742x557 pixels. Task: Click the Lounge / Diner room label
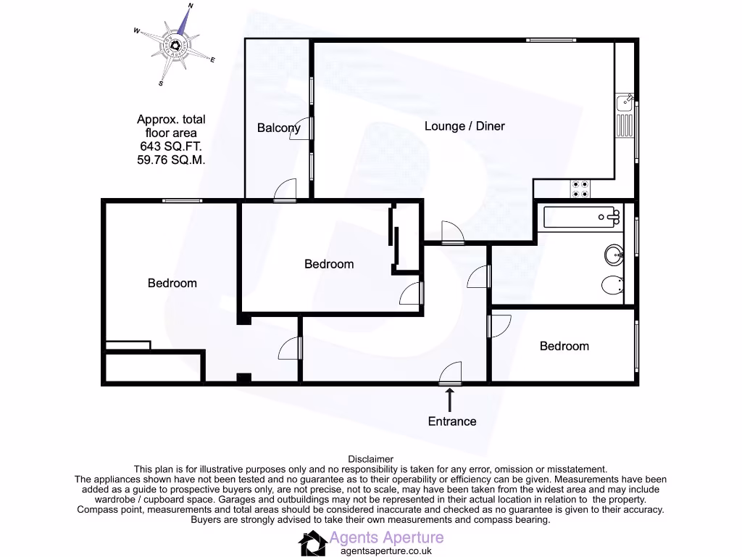[x=464, y=126]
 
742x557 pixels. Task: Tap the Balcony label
[x=278, y=128]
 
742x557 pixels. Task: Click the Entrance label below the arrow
[x=452, y=421]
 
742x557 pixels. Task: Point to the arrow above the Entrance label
[x=451, y=400]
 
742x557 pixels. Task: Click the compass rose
[x=177, y=44]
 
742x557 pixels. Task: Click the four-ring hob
[x=580, y=188]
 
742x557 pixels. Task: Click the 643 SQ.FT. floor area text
[x=171, y=147]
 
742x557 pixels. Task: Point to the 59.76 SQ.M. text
[x=171, y=160]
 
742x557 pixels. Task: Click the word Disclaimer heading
[x=371, y=459]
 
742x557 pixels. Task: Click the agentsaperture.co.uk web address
[x=381, y=551]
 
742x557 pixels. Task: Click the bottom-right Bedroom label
[x=564, y=346]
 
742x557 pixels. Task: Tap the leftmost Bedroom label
[x=172, y=283]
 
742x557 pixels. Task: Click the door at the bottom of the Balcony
[x=285, y=191]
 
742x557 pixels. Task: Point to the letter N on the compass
[x=191, y=6]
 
